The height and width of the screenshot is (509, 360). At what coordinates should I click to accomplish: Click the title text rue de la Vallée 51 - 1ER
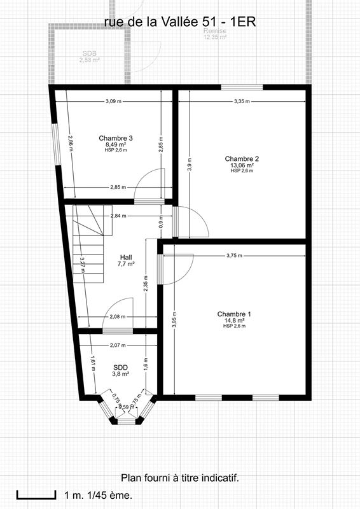180,22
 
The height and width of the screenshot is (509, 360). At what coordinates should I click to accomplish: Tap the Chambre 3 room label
116,138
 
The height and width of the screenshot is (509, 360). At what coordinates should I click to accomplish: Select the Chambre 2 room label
242,158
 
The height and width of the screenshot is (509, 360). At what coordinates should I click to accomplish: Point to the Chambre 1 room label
234,314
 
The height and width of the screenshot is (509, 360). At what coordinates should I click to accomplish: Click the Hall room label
126,257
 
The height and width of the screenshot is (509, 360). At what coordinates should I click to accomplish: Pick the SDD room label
120,367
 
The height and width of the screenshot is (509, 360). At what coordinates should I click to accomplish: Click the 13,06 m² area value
242,165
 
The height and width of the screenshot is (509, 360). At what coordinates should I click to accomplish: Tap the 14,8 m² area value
234,320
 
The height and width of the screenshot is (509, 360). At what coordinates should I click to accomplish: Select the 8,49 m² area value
116,144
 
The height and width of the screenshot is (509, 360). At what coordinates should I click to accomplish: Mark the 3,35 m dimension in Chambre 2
242,101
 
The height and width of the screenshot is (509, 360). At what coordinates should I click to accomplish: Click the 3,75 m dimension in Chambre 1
235,256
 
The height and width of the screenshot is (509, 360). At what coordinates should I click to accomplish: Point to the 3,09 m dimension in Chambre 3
114,101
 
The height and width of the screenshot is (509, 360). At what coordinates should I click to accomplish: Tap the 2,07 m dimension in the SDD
117,345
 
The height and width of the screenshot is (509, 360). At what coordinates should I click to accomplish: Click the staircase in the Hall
89,245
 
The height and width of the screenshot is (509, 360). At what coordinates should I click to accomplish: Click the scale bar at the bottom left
35,494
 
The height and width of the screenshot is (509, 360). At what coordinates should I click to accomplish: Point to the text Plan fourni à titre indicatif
180,477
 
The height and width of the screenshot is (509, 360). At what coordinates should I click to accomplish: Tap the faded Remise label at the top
214,31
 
